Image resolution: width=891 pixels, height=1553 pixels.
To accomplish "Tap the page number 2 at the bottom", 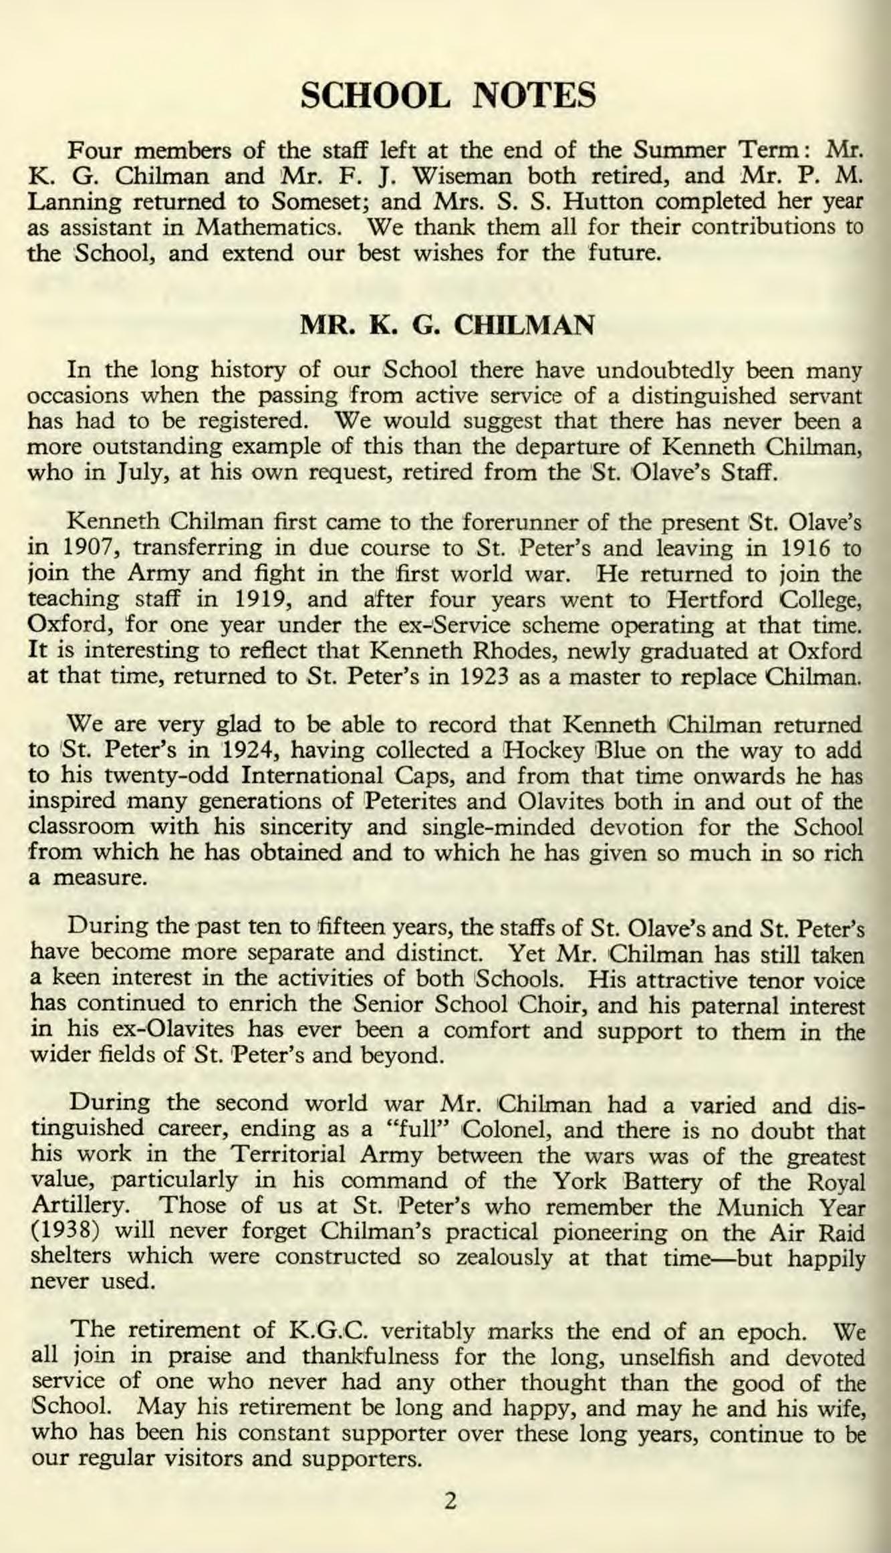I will pos(450,1502).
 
